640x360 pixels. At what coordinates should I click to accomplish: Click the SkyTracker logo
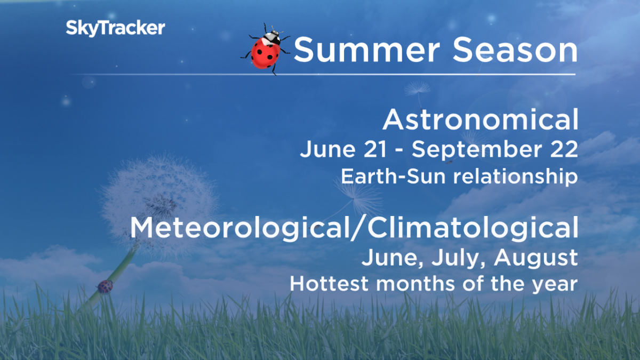pyautogui.click(x=115, y=28)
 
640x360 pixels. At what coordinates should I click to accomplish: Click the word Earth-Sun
pyautogui.click(x=382, y=176)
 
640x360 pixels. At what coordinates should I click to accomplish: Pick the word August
pyautogui.click(x=535, y=259)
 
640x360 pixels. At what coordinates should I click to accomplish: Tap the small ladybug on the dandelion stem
pyautogui.click(x=105, y=286)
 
